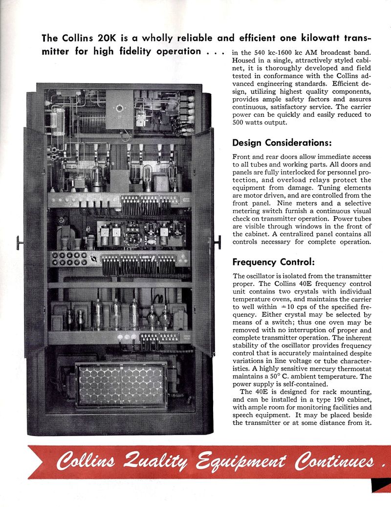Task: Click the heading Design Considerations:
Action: [282, 143]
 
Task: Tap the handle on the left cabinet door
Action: [20, 241]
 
